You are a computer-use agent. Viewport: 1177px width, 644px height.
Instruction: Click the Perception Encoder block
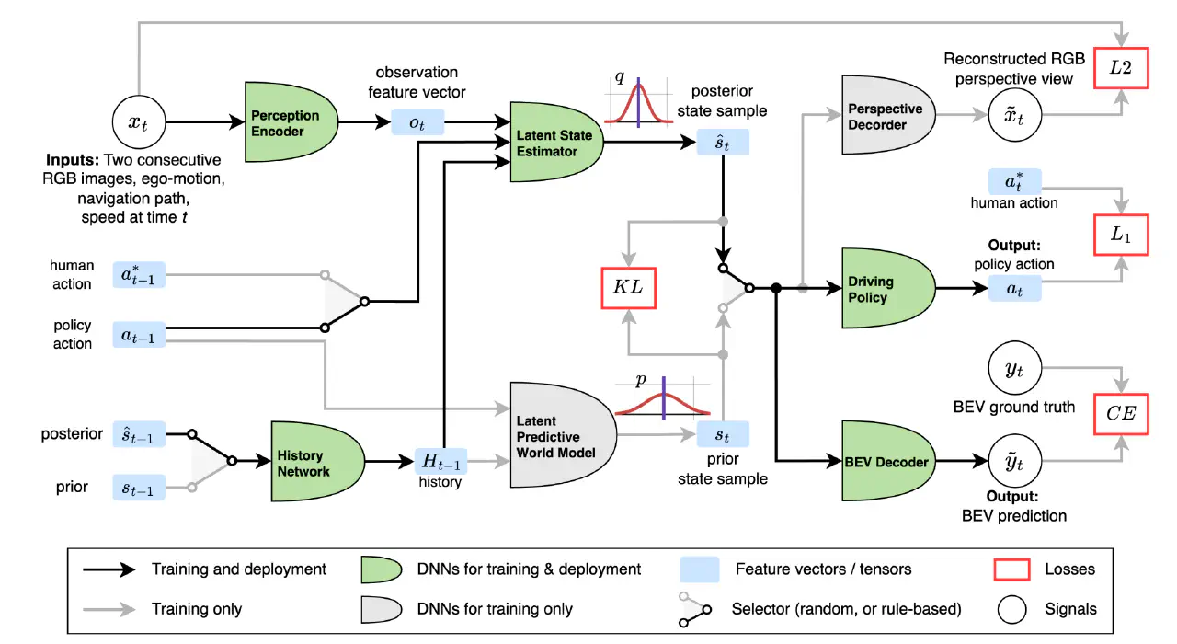pos(291,122)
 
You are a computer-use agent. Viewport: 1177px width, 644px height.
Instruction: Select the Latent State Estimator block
pos(556,142)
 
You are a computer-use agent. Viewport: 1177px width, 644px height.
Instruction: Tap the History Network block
pos(317,462)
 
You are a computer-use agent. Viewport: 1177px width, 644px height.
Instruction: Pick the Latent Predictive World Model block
pos(563,435)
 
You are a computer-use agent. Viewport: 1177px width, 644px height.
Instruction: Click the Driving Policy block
pos(888,288)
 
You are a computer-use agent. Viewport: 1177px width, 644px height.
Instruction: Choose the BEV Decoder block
pos(888,461)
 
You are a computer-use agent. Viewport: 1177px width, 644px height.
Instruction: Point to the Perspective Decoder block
pos(888,115)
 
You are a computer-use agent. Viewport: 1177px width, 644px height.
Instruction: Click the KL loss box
pos(628,288)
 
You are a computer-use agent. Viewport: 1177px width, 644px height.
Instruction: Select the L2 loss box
pos(1121,68)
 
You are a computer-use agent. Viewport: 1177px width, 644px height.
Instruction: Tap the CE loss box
pos(1121,414)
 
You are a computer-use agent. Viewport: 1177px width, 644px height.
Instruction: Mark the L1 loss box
pos(1121,235)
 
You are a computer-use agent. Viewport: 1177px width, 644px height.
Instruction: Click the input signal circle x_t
pos(139,122)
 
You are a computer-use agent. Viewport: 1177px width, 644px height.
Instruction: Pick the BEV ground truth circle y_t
pos(1014,368)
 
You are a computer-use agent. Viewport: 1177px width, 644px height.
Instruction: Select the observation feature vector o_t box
pos(417,122)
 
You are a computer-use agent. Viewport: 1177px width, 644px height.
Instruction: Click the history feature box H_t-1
pos(440,462)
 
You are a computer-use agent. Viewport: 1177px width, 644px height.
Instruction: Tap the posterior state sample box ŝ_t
pos(723,142)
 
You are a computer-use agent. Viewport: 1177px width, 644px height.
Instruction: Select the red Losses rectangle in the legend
pos(1011,569)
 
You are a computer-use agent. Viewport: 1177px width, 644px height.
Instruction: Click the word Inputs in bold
pos(73,159)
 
